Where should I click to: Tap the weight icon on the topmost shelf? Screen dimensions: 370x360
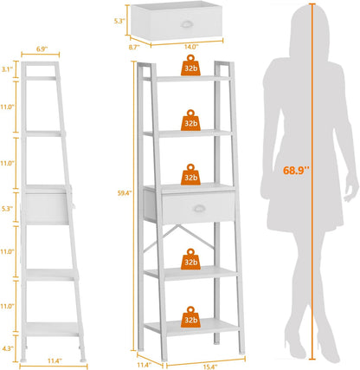coord(190,67)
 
